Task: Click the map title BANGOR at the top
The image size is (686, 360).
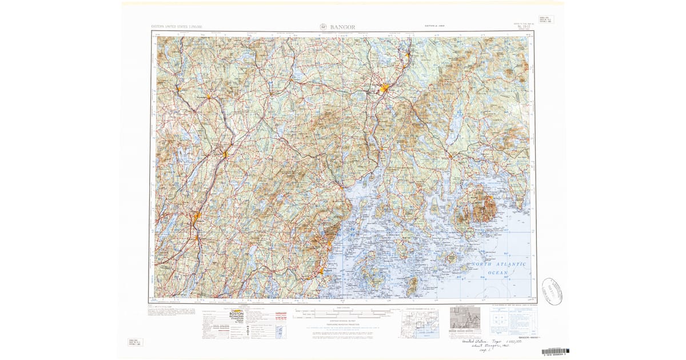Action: (x=342, y=27)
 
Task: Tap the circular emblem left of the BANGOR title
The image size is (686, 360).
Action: (x=323, y=27)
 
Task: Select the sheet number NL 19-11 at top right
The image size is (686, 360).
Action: (x=522, y=26)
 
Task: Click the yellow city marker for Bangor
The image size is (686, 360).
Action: (x=385, y=89)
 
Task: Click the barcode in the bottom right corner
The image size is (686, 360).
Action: (x=555, y=351)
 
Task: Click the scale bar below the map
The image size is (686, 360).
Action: (x=343, y=313)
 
